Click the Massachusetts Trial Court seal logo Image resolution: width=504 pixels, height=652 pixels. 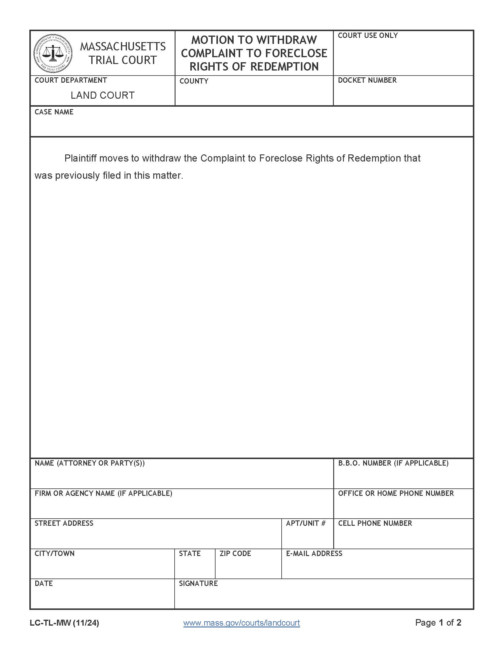53,53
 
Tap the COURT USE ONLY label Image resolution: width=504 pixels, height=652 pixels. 368,36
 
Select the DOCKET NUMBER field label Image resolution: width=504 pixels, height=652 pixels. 367,80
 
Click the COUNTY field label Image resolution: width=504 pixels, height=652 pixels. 194,81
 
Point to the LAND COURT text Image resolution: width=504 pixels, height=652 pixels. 102,95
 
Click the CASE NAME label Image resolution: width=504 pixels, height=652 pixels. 54,112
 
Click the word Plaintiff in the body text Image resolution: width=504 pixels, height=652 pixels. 80,158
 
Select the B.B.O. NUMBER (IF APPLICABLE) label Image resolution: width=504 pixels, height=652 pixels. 393,463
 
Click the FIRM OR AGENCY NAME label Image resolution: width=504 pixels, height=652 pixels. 103,493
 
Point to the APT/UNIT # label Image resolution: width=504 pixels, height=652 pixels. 305,523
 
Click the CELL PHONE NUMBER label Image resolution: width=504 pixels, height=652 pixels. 375,523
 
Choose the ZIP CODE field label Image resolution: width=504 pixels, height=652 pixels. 235,554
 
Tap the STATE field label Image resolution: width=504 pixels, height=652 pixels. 190,554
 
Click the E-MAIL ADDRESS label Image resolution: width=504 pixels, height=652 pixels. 314,554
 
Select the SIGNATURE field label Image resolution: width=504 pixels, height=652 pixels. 198,583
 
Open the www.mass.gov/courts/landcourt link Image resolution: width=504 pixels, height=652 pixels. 242,623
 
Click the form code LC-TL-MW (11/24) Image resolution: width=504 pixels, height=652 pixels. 64,623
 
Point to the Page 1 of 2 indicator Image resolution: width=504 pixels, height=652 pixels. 438,622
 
